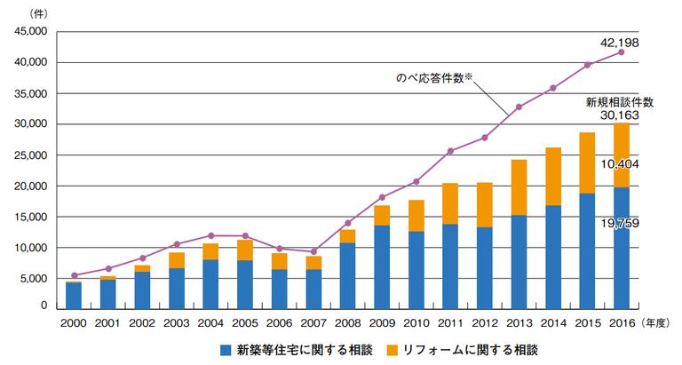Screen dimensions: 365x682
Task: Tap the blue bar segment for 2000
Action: [x=75, y=294]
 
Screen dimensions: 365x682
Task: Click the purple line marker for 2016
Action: [x=621, y=52]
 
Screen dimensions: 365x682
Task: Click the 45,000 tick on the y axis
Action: [x=29, y=32]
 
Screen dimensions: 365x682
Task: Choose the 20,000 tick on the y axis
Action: [x=29, y=186]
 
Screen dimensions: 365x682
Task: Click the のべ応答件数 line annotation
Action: [x=434, y=77]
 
